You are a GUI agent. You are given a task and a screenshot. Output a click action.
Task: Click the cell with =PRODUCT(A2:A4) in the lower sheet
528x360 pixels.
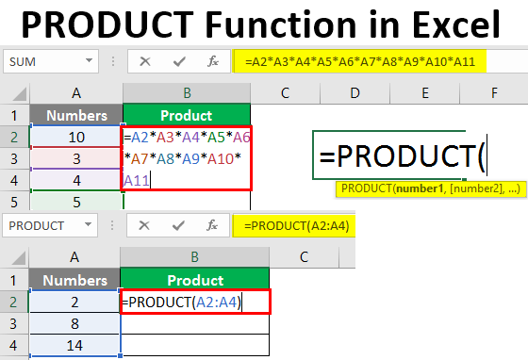coord(195,302)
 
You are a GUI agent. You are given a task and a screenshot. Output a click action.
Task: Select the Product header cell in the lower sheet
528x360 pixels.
coord(194,280)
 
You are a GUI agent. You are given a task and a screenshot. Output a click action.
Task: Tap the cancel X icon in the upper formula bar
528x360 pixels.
coord(144,61)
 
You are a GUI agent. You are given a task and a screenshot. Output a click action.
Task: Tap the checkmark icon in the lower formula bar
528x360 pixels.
coord(175,226)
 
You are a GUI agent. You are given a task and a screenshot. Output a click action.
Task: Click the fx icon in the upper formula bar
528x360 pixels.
coord(213,61)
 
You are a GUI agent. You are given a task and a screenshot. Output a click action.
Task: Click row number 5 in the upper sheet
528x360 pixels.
coord(14,202)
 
